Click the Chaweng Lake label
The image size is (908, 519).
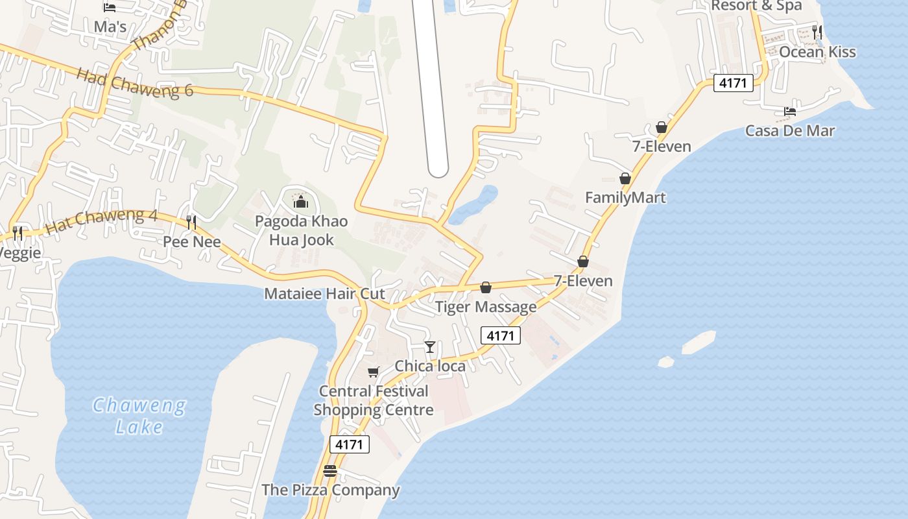click(139, 416)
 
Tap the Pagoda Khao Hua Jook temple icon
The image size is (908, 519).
click(300, 202)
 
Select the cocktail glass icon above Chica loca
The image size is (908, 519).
click(429, 347)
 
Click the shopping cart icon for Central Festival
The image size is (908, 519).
click(373, 372)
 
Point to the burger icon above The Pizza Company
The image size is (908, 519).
click(330, 471)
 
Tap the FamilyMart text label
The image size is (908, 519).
click(625, 197)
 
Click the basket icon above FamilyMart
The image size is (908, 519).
click(625, 178)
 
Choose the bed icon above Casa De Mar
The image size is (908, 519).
click(789, 112)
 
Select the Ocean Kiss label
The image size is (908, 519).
click(817, 52)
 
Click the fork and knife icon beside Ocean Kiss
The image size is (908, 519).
click(817, 32)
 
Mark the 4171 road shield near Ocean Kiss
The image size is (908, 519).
click(734, 83)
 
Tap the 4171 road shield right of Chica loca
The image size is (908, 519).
click(501, 335)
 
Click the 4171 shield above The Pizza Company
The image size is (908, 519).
click(350, 444)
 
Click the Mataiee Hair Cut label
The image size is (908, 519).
click(324, 293)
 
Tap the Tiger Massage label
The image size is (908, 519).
click(486, 306)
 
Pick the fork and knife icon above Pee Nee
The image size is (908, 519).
click(191, 223)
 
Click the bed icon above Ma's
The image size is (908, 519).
click(110, 8)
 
